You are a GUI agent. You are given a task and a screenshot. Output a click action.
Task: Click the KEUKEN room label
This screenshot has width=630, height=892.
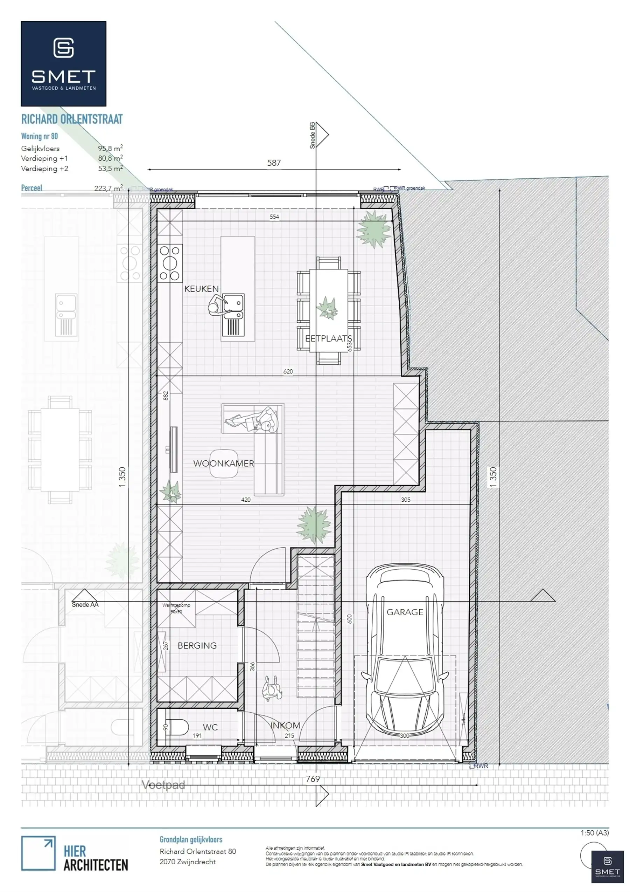tap(202, 289)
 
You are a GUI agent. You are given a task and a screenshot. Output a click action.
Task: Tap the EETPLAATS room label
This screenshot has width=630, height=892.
tap(328, 338)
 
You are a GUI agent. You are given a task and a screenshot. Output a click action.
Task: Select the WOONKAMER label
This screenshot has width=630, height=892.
tap(224, 463)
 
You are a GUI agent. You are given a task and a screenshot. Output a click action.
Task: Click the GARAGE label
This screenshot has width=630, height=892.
tap(405, 612)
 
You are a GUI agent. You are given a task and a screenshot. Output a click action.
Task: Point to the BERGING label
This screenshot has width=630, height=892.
tap(197, 645)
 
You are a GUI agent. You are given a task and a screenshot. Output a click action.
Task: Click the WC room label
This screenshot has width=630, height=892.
tap(210, 727)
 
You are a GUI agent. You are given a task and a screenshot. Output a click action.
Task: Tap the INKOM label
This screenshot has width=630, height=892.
tap(285, 725)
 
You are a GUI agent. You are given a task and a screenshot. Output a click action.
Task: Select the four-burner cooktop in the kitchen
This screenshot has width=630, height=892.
tap(170, 263)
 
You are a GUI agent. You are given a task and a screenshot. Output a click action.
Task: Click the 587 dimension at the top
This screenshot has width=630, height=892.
tap(274, 163)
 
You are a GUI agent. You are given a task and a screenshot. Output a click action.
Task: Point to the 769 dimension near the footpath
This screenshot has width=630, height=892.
tap(313, 779)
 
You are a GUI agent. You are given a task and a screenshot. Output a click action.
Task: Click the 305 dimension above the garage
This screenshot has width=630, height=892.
tap(405, 500)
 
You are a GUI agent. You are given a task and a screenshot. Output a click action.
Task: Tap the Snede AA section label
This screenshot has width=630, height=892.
tap(85, 604)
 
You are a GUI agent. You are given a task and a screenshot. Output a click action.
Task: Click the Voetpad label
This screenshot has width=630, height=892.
tap(163, 785)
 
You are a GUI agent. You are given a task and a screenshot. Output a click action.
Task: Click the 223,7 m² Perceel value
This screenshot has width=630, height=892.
tap(108, 188)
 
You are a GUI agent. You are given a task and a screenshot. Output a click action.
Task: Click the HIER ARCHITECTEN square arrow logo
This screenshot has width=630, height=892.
tap(38, 853)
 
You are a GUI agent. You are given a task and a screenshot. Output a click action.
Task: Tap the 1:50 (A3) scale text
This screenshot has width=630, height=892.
tap(594, 832)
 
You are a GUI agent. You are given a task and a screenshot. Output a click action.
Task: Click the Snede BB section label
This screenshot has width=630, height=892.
tap(312, 135)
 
